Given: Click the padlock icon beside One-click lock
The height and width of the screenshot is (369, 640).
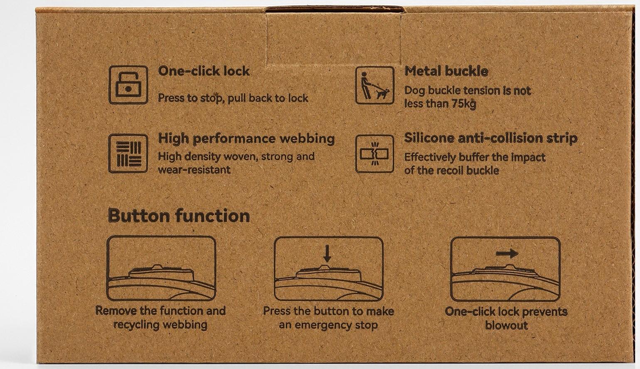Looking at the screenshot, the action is (x=128, y=85).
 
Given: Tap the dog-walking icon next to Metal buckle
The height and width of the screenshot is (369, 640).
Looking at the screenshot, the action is (x=374, y=86).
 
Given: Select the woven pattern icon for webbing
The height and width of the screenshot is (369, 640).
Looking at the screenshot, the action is (x=128, y=154).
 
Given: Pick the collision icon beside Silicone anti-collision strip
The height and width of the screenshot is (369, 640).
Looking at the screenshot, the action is (x=374, y=154).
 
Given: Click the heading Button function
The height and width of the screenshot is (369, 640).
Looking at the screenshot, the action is (x=179, y=215).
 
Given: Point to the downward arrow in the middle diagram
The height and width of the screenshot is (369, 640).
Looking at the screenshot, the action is (x=327, y=254).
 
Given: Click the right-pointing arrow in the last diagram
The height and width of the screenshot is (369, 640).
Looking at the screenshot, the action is (x=507, y=253).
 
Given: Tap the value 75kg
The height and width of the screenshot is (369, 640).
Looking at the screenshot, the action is (x=464, y=104).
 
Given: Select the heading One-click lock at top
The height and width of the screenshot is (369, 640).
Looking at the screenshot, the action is (x=204, y=71).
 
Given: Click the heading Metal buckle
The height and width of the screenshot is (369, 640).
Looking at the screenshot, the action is (x=446, y=71).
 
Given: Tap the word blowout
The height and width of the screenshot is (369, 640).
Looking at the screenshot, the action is (x=507, y=325).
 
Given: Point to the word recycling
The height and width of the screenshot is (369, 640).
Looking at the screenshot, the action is (x=136, y=325).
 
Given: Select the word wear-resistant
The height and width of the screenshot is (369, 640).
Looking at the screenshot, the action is (x=194, y=170).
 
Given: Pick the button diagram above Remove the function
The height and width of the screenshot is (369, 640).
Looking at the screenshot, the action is (x=161, y=268).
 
